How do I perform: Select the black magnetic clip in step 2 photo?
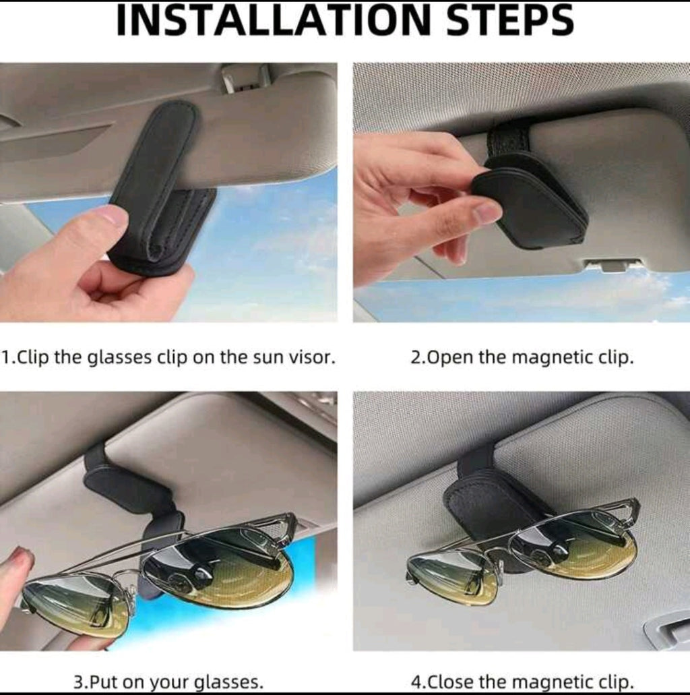[532, 202]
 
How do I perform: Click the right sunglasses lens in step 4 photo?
[573, 543]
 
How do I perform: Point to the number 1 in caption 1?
[5, 357]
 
